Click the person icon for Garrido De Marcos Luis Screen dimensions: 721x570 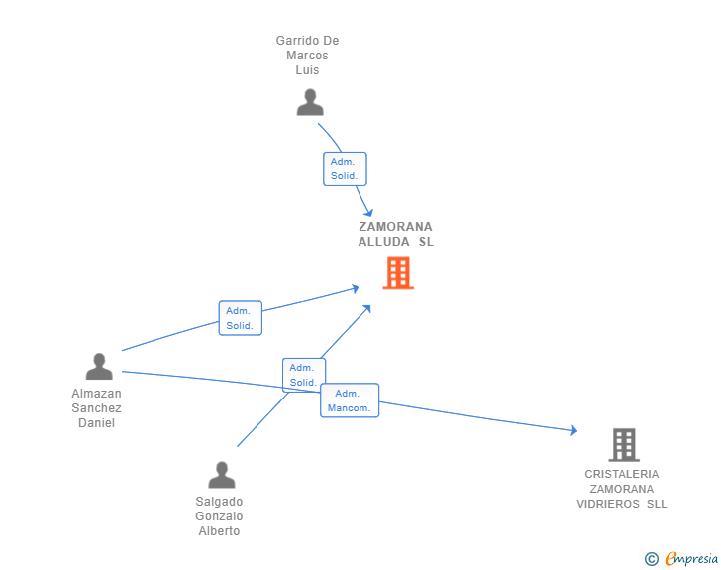(310, 102)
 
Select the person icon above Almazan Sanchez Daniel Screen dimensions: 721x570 (99, 367)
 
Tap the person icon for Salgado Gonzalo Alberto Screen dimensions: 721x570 (222, 475)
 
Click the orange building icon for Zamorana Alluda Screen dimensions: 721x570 (398, 273)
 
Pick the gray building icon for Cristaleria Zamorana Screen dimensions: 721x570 (624, 445)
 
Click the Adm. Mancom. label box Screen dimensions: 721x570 (350, 400)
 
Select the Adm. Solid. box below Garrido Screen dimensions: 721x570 (345, 169)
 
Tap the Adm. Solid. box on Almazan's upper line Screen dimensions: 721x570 (241, 318)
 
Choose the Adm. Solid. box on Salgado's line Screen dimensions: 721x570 (304, 375)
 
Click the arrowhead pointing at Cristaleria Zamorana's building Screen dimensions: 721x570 (573, 430)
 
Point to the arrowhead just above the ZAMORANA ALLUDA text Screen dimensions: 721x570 (367, 213)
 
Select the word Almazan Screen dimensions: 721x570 (97, 394)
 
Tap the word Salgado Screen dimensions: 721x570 (219, 502)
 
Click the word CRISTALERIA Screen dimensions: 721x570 (622, 474)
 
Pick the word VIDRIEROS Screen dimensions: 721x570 (608, 504)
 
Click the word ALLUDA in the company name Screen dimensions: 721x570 (384, 242)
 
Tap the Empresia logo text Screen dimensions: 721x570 (691, 559)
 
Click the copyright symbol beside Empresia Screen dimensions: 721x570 (652, 559)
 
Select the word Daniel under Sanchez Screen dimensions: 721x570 (97, 423)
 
